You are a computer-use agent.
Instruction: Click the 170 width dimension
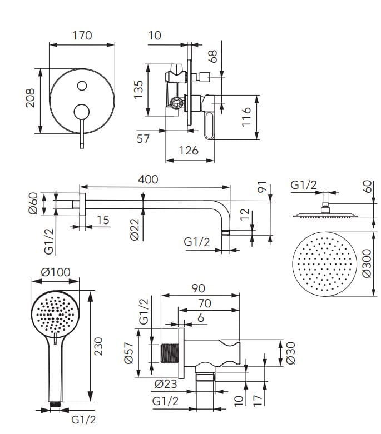coord(82,36)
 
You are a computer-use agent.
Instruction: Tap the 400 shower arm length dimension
coord(148,179)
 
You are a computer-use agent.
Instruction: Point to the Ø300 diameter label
coord(366,262)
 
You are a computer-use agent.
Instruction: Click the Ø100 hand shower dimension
coord(56,273)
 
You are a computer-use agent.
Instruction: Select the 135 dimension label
coord(138,89)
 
